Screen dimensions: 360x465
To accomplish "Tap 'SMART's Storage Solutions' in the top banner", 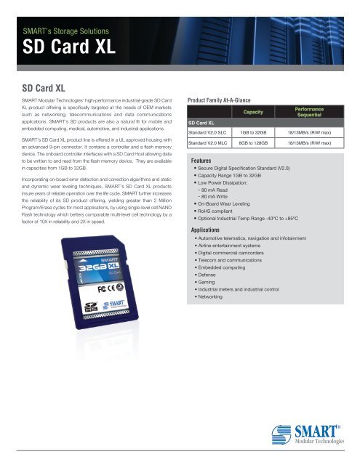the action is [68, 31].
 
